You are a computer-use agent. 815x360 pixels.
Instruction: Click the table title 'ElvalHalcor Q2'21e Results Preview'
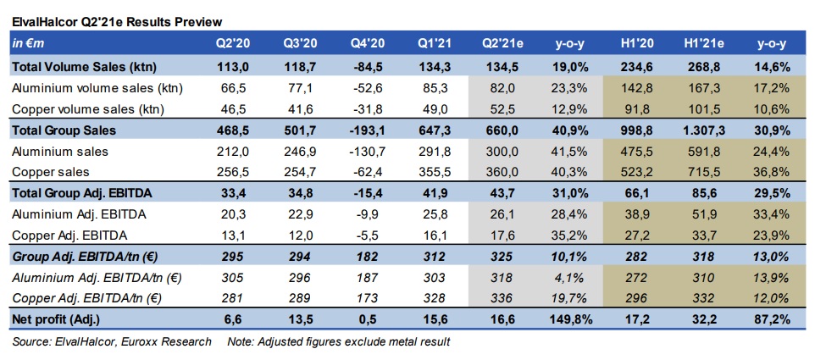117,21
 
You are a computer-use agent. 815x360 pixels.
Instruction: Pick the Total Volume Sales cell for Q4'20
368,65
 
